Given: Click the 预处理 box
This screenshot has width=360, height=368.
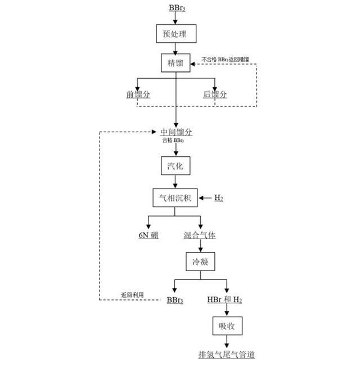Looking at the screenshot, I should click(x=175, y=34).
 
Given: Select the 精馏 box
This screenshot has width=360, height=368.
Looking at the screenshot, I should click(x=175, y=63).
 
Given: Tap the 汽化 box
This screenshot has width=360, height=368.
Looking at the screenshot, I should click(x=175, y=167).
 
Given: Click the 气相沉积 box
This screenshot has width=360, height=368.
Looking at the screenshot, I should click(x=175, y=198).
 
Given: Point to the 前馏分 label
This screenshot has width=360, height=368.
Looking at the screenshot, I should click(x=138, y=95).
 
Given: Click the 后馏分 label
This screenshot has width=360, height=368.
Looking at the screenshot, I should click(x=215, y=95).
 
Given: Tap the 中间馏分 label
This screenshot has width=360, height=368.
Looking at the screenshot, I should click(x=176, y=132).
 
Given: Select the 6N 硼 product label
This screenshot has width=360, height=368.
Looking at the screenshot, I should click(x=148, y=235).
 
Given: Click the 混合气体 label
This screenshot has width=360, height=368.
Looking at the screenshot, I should click(x=200, y=235).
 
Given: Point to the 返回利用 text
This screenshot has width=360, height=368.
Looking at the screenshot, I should click(x=132, y=295).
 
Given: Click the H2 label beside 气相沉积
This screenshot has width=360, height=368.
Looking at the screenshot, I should click(x=219, y=198).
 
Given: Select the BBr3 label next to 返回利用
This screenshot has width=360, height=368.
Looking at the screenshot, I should click(x=175, y=299).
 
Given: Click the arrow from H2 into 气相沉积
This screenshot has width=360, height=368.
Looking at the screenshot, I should click(x=205, y=198).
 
